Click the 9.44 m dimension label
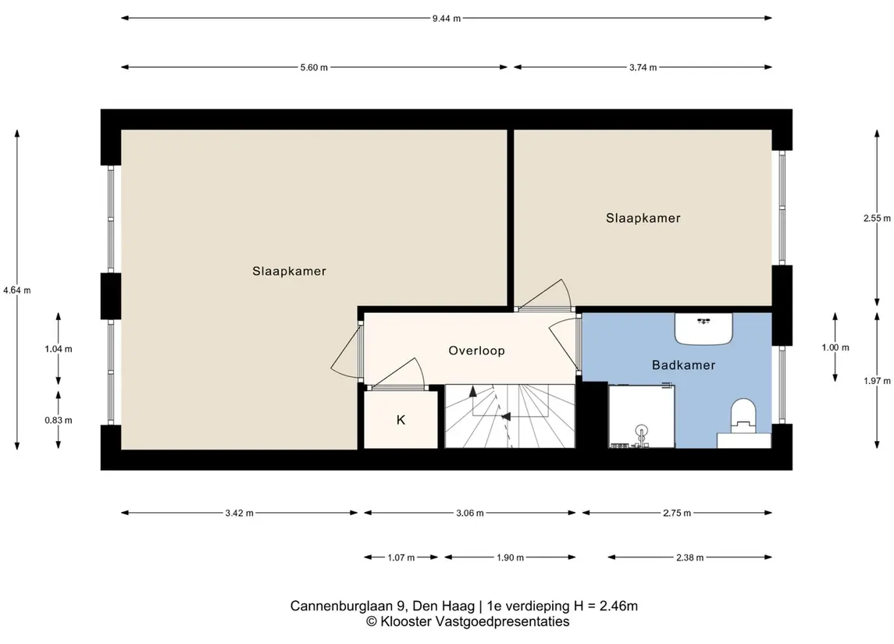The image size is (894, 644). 447,18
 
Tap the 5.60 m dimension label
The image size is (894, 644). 314,67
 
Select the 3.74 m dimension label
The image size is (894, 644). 643,67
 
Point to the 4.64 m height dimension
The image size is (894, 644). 17,290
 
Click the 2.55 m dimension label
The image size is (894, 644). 877,219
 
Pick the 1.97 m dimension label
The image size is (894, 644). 877,381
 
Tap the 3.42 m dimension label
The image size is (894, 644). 240,513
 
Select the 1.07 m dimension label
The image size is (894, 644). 401,557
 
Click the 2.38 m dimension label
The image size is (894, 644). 690,557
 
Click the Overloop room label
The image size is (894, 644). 476,350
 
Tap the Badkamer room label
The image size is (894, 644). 684,365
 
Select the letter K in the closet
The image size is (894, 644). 401,420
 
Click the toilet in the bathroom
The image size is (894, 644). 743,414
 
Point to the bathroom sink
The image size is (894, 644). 703,329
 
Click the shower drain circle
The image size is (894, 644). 642,430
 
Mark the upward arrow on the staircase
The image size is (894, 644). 472,392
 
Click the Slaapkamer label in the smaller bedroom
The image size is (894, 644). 643,219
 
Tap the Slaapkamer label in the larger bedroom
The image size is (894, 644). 289,272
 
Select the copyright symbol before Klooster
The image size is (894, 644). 371,621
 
